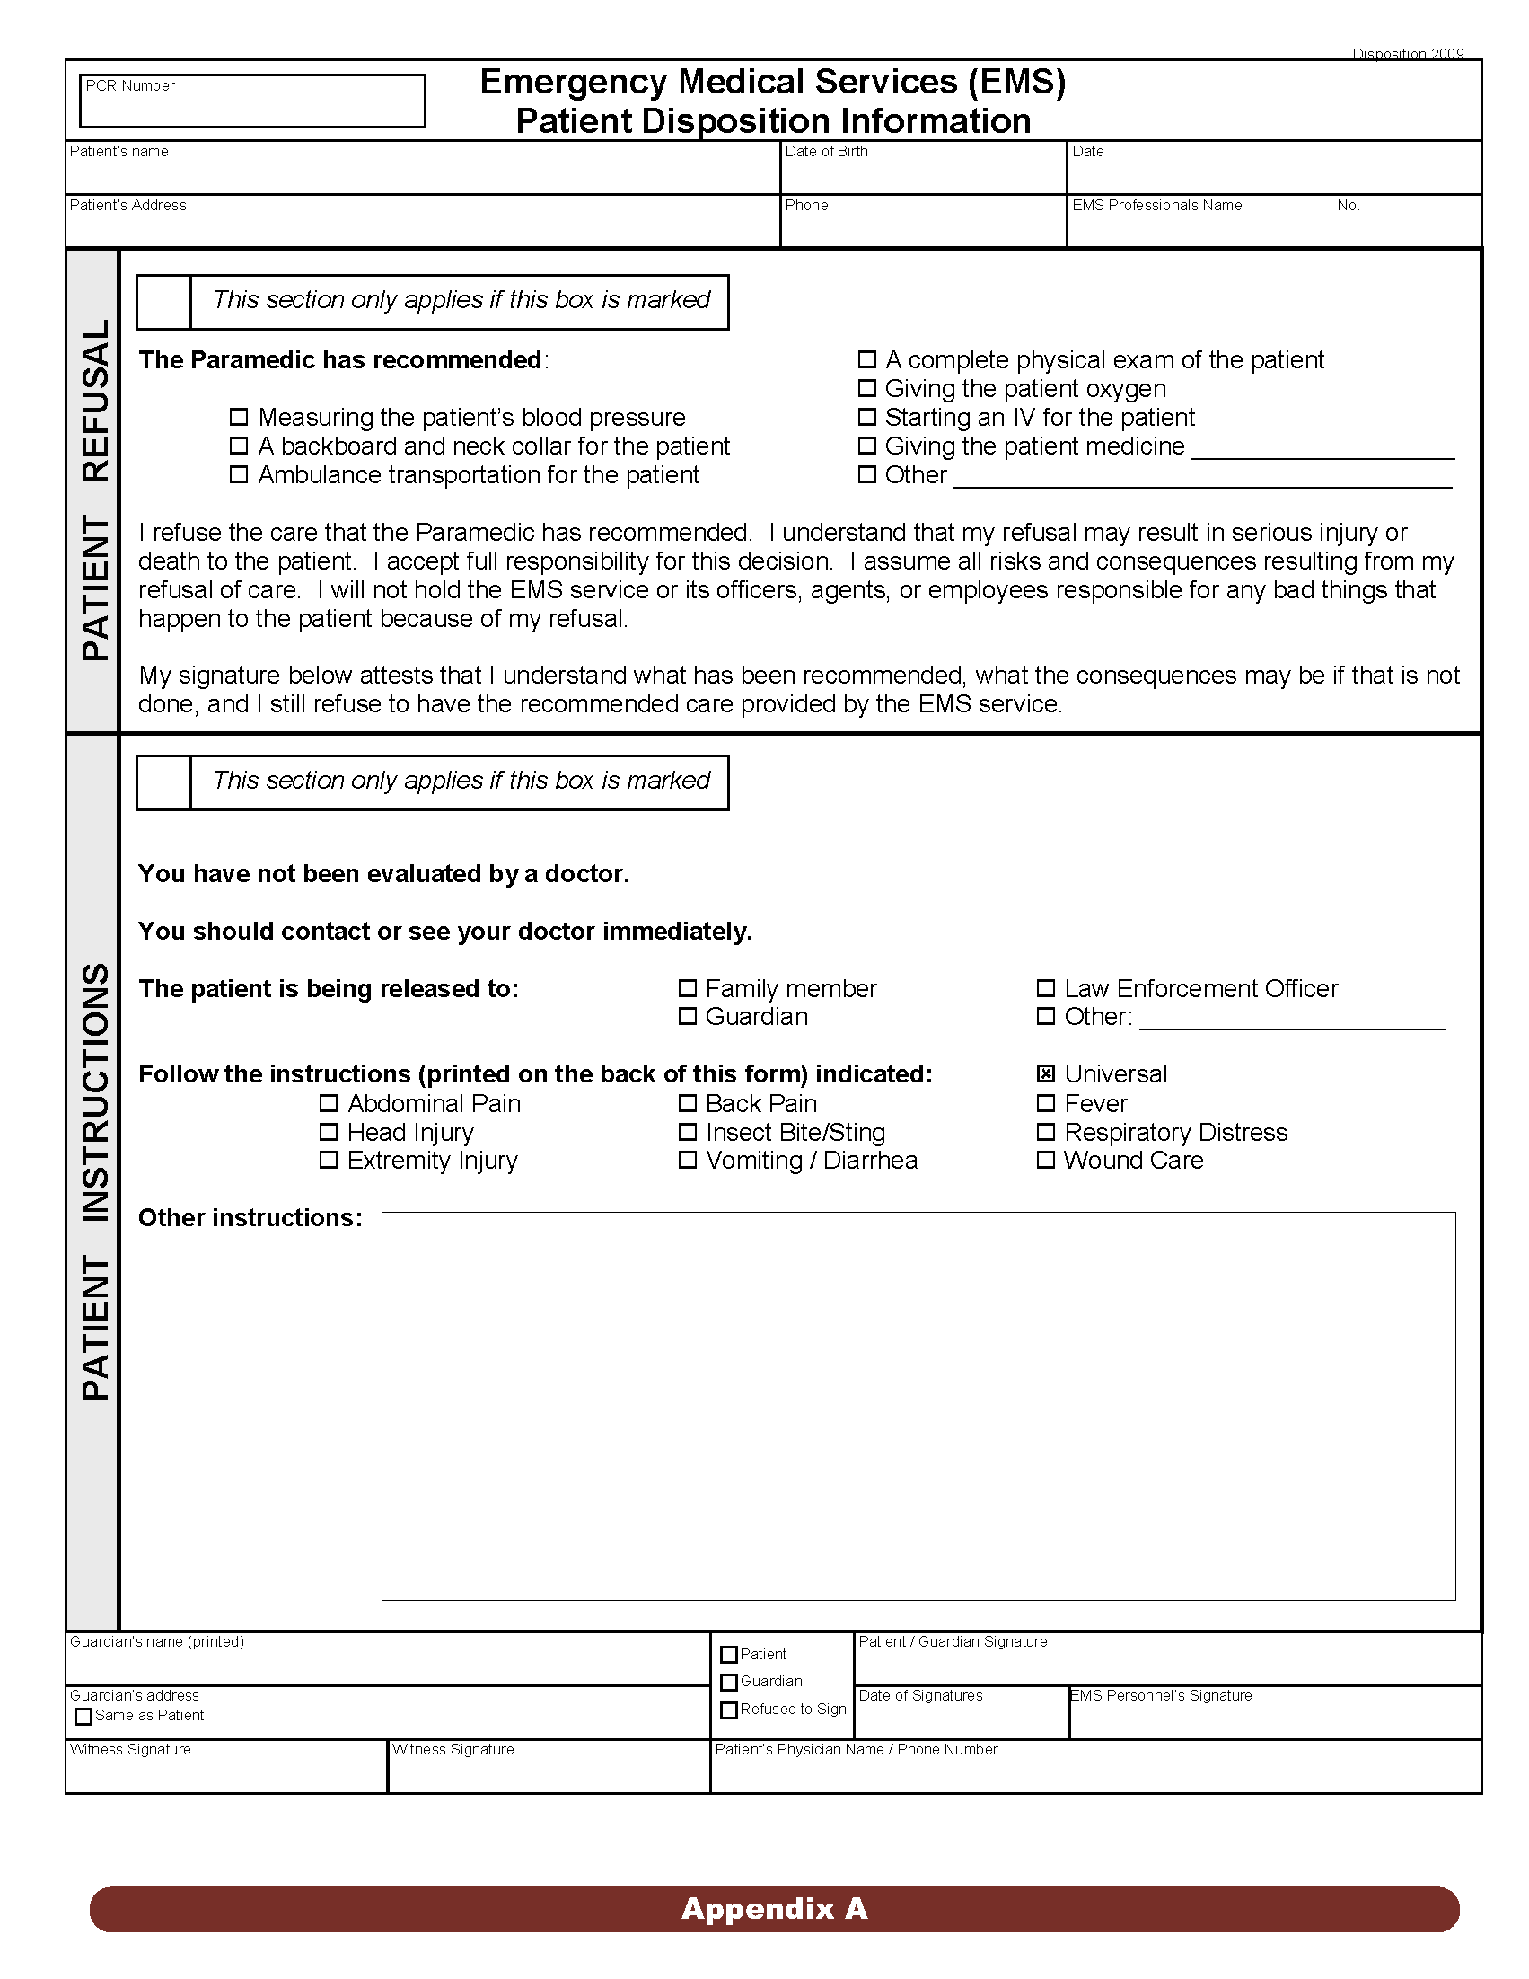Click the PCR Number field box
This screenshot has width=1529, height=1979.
click(251, 101)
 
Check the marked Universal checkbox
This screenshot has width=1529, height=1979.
click(1045, 1073)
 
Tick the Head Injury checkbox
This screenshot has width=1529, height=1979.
click(329, 1132)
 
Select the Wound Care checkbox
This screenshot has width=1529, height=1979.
click(1045, 1160)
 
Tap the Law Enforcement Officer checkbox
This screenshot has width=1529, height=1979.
click(1045, 987)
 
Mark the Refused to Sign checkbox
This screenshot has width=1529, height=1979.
click(728, 1710)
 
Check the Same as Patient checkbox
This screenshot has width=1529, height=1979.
click(83, 1716)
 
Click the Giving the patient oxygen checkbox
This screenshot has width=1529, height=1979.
click(867, 389)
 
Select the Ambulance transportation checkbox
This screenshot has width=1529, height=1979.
click(238, 474)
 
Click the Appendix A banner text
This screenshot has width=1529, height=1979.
click(775, 1908)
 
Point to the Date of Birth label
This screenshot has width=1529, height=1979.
click(826, 151)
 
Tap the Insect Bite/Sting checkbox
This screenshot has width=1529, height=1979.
click(688, 1132)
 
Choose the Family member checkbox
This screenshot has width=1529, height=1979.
click(688, 987)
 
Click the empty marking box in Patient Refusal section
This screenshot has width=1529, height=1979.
click(164, 302)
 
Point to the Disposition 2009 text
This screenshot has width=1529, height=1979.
click(1408, 55)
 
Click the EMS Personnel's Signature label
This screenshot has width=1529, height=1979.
click(1162, 1695)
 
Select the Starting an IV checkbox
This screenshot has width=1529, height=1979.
click(867, 417)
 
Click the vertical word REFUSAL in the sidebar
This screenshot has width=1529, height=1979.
click(95, 400)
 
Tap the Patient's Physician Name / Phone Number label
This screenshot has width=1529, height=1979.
click(856, 1749)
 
